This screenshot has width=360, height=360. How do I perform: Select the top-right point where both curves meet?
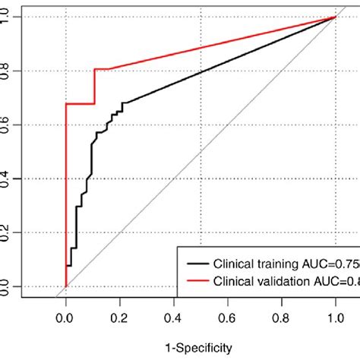pos(336,17)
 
